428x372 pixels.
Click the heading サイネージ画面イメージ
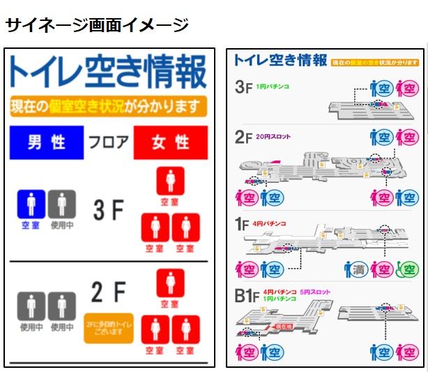pos(97,26)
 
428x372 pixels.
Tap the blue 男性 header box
pos(47,142)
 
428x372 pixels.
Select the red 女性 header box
pos(171,142)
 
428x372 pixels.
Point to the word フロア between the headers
pos(108,143)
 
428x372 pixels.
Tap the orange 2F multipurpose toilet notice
pos(109,327)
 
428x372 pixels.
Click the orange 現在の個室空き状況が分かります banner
pos(109,107)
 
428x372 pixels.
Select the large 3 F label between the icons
pos(108,209)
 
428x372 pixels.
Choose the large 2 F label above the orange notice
pos(108,292)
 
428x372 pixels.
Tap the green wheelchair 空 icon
pos(408,269)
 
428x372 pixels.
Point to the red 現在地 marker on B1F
pos(283,326)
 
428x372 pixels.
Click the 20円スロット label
pos(273,137)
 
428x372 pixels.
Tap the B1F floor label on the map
pos(247,297)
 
